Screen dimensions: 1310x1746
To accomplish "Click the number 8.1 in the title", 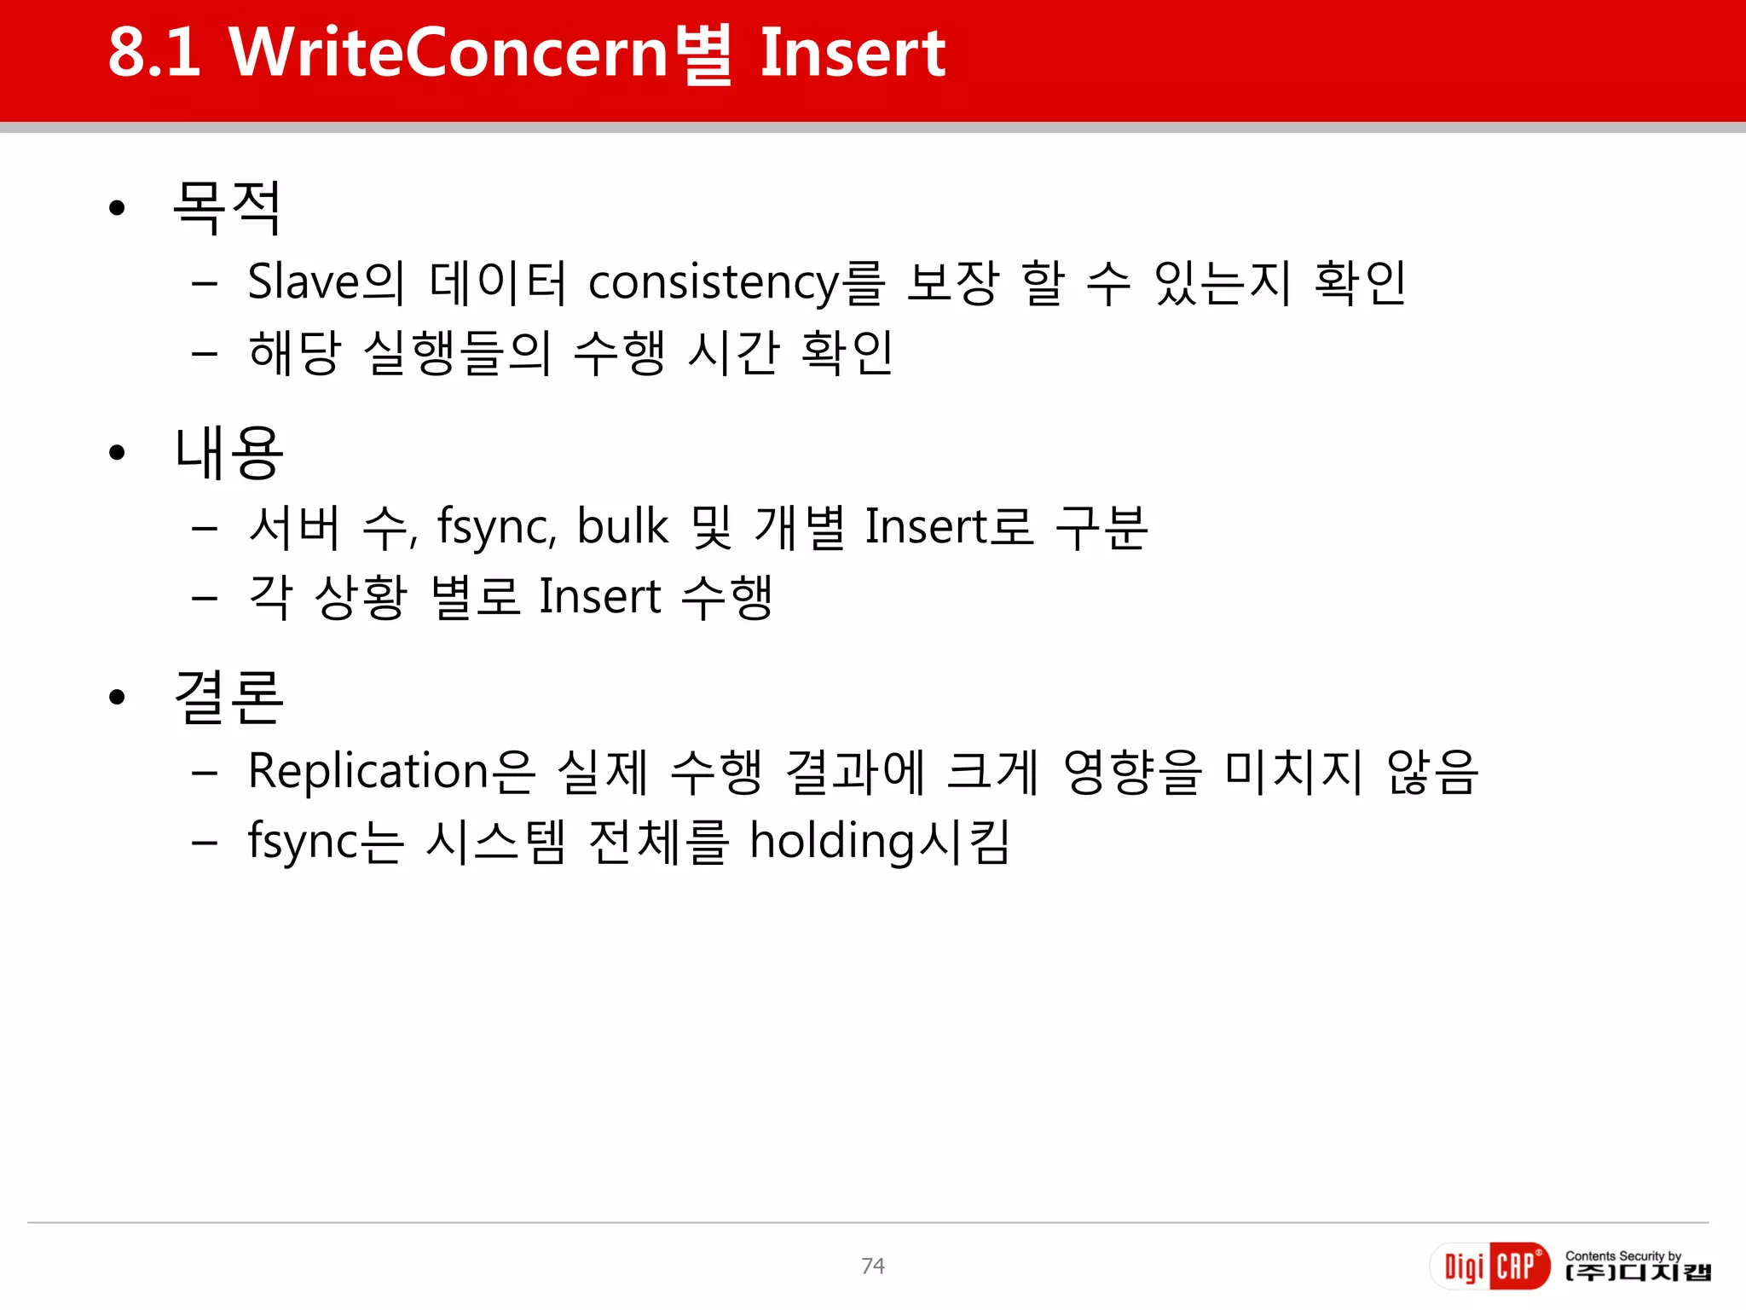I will tap(154, 53).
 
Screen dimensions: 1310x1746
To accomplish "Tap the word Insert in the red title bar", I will tap(852, 53).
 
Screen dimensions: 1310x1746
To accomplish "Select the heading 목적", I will tap(227, 207).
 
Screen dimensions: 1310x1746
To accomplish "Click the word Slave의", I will tap(325, 282).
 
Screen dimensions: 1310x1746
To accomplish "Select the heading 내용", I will tap(228, 452).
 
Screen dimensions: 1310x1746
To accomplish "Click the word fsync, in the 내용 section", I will tap(497, 526).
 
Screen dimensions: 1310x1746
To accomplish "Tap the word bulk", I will tap(622, 526).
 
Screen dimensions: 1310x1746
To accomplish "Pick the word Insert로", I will tap(949, 526).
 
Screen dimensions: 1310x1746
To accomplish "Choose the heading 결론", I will tap(228, 697).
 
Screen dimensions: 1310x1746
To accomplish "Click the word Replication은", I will tap(391, 772).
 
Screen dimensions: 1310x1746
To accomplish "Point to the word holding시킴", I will tap(880, 842).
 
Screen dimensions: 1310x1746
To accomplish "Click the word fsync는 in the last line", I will tap(325, 842).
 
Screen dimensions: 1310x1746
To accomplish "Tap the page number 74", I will tap(873, 1266).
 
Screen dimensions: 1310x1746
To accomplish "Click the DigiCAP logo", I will tap(1490, 1266).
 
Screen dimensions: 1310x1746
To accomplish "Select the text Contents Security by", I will tap(1622, 1255).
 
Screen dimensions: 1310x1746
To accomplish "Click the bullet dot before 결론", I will tap(118, 698).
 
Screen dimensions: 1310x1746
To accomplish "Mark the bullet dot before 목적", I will tap(118, 208).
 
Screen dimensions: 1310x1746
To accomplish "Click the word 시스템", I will tap(495, 842).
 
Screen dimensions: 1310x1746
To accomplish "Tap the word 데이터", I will tap(498, 282).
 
